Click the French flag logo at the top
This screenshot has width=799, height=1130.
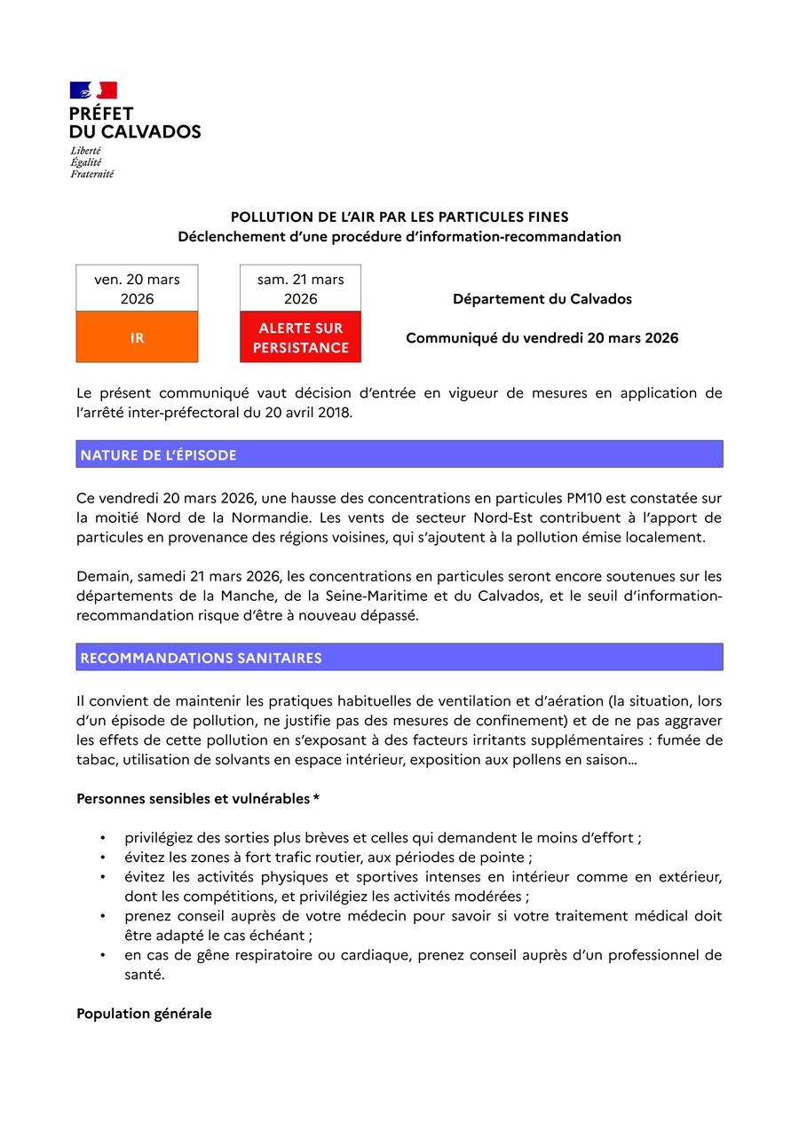[93, 90]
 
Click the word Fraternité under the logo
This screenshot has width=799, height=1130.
[92, 174]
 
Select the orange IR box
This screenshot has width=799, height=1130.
[137, 337]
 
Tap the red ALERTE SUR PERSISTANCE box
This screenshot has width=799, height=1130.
[300, 337]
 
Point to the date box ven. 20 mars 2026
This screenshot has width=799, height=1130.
[137, 288]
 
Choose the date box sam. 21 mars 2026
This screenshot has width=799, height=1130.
[300, 288]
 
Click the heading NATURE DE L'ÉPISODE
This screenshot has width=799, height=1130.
[159, 454]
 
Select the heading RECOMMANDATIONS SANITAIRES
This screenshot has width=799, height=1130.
[201, 658]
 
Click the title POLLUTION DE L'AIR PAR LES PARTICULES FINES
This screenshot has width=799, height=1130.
[399, 217]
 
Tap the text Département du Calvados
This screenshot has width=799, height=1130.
[542, 299]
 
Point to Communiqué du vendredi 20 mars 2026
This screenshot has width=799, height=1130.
[542, 338]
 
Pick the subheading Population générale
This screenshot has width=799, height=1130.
[144, 1013]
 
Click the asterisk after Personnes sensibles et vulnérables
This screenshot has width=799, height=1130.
[317, 799]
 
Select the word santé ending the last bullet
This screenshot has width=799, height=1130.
[144, 974]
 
